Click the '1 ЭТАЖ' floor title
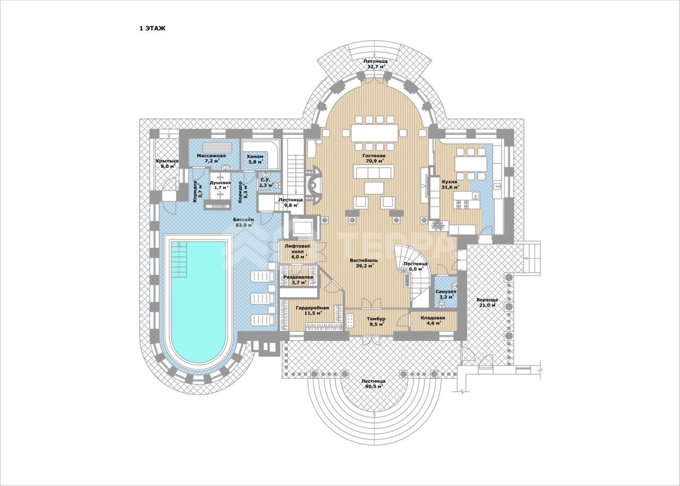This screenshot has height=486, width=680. tap(152, 29)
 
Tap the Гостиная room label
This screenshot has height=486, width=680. tap(373, 156)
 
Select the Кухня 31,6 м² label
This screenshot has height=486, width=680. tap(450, 184)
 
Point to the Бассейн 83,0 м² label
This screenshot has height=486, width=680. tap(244, 222)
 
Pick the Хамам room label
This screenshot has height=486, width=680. tap(255, 156)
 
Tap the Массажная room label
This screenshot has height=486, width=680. tap(211, 156)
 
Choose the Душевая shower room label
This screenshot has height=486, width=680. tap(220, 183)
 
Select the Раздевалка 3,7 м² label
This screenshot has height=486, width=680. tap(298, 280)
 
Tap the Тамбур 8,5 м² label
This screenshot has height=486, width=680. tap(376, 321)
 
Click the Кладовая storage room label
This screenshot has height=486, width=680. tap(433, 318)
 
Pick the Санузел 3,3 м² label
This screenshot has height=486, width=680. tap(446, 294)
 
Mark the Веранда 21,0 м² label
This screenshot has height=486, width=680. tap(487, 302)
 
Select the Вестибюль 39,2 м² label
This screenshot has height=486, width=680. tap(364, 263)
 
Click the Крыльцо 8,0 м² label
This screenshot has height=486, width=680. tap(167, 163)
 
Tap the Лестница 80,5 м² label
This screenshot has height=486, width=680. tap(373, 383)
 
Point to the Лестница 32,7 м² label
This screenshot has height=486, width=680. tap(376, 64)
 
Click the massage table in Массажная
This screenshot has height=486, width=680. tap(216, 148)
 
